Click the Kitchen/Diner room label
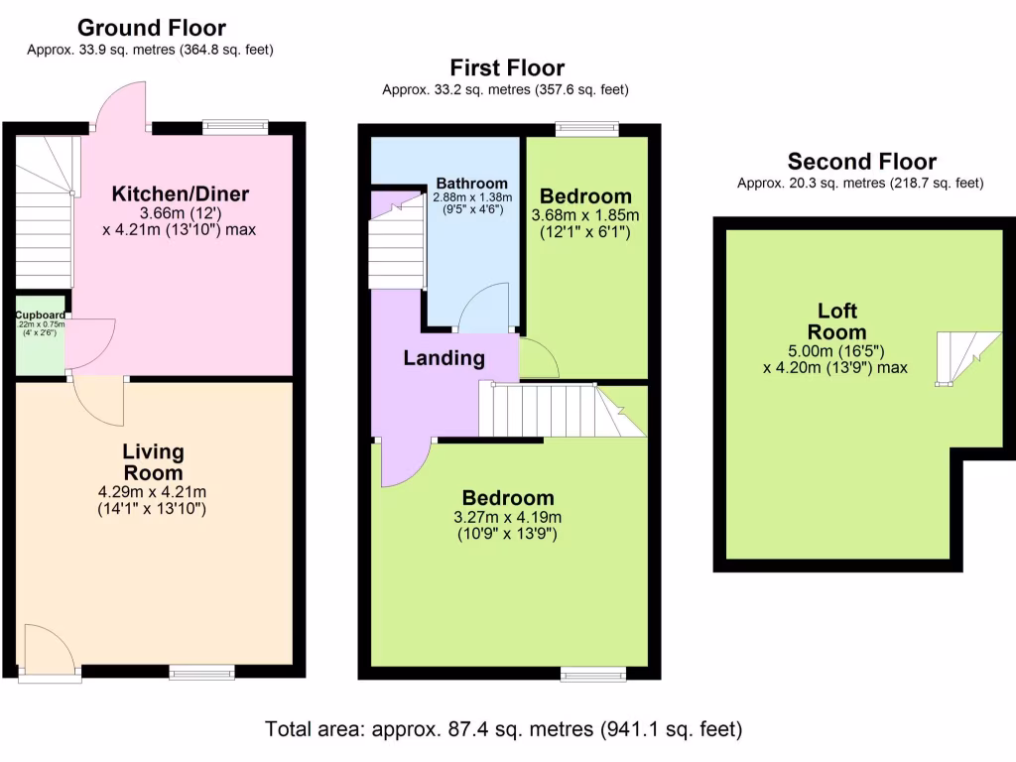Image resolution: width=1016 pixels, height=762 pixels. click(180, 193)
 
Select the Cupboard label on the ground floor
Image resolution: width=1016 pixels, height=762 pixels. click(40, 316)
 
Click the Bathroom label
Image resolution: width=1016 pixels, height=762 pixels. click(472, 184)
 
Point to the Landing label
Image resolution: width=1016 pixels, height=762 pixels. click(444, 358)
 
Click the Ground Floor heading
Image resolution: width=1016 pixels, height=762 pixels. click(151, 28)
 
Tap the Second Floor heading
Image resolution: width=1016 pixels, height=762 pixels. click(861, 162)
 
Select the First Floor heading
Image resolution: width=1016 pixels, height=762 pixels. click(506, 68)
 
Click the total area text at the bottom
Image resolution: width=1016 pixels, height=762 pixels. click(503, 729)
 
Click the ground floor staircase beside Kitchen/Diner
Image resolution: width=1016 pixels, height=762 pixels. click(44, 213)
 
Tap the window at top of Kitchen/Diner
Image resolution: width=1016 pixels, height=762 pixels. click(235, 126)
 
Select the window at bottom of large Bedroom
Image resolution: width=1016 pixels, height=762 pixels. click(593, 675)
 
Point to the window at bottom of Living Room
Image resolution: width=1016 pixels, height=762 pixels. click(202, 672)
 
